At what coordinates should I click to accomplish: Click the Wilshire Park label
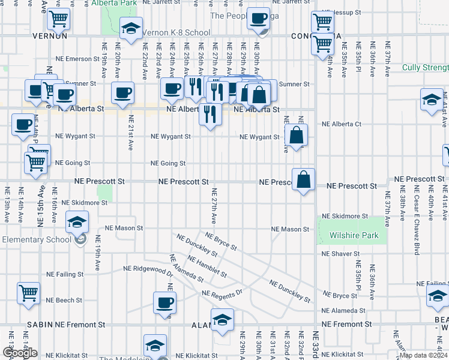[x=354, y=236]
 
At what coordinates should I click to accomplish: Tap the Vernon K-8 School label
[x=177, y=33]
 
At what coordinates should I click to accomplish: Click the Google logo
[x=20, y=353]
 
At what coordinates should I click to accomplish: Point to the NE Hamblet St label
[x=207, y=267]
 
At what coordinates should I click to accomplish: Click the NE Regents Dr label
[x=221, y=293]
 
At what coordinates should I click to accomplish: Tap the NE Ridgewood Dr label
[x=148, y=269]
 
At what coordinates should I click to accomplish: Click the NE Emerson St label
[x=77, y=59]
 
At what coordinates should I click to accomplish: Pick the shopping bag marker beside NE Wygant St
[x=297, y=134]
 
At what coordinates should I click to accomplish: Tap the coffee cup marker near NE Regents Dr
[x=164, y=302]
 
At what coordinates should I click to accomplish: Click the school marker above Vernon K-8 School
[x=131, y=28]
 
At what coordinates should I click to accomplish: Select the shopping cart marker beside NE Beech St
[x=29, y=293]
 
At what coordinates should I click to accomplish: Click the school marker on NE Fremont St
[x=222, y=319]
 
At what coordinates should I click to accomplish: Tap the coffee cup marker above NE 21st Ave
[x=123, y=93]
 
